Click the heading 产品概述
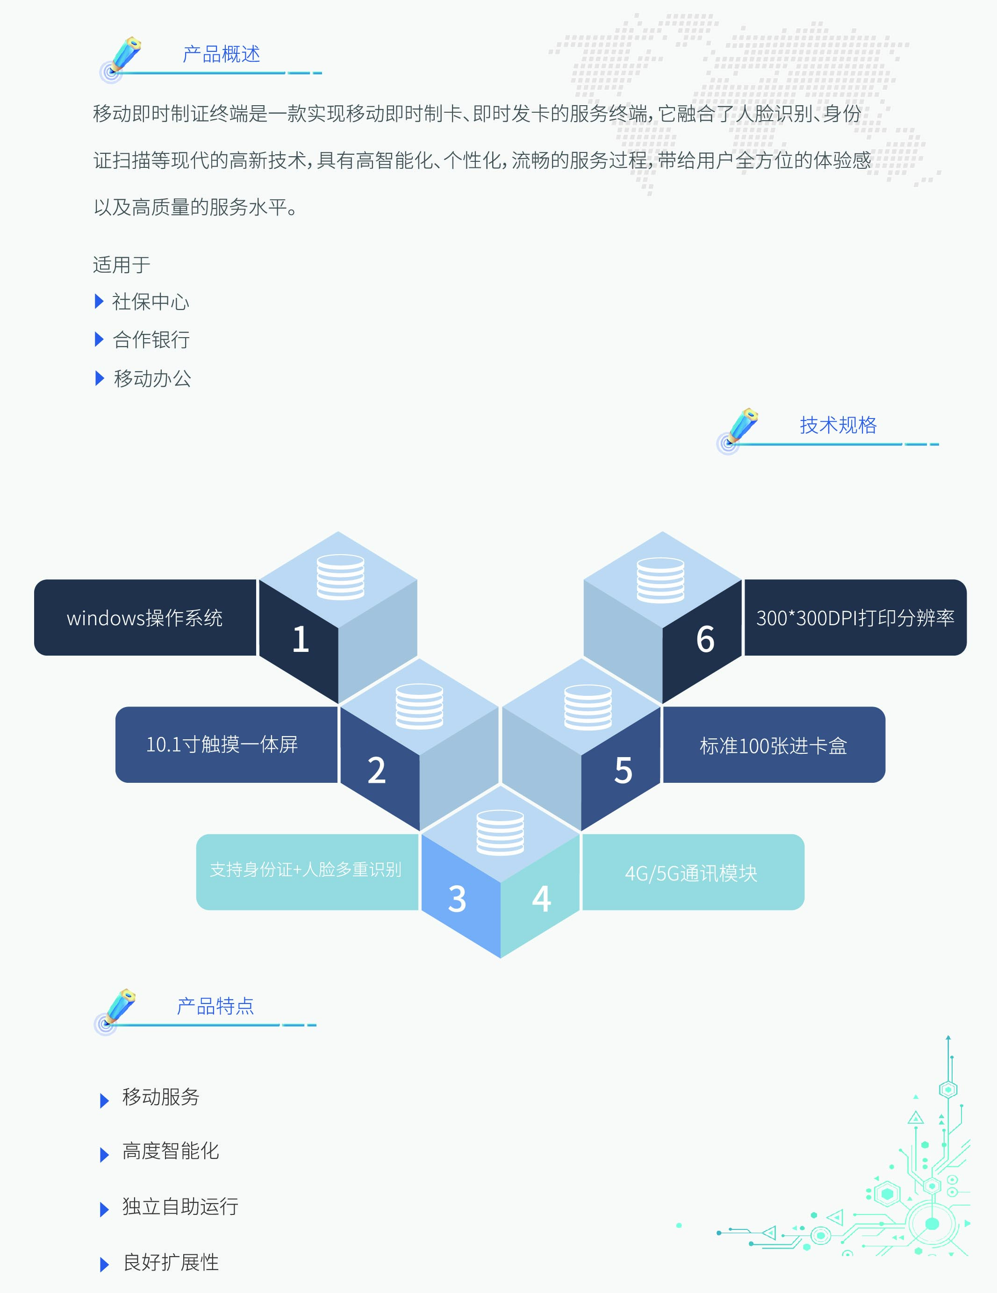tap(221, 54)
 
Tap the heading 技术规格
tap(838, 425)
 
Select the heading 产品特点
tap(215, 1006)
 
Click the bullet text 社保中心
tap(151, 302)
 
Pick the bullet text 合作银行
tap(151, 340)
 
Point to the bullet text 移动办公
tap(153, 378)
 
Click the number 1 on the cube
tap(301, 639)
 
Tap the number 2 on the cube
tap(376, 770)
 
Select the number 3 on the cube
tap(457, 899)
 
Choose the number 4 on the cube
tap(541, 898)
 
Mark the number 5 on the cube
tap(623, 770)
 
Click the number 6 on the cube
tap(705, 639)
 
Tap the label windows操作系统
tap(145, 618)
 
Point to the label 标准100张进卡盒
tap(773, 746)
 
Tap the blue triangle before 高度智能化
tap(105, 1155)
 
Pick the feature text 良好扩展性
tap(171, 1262)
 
